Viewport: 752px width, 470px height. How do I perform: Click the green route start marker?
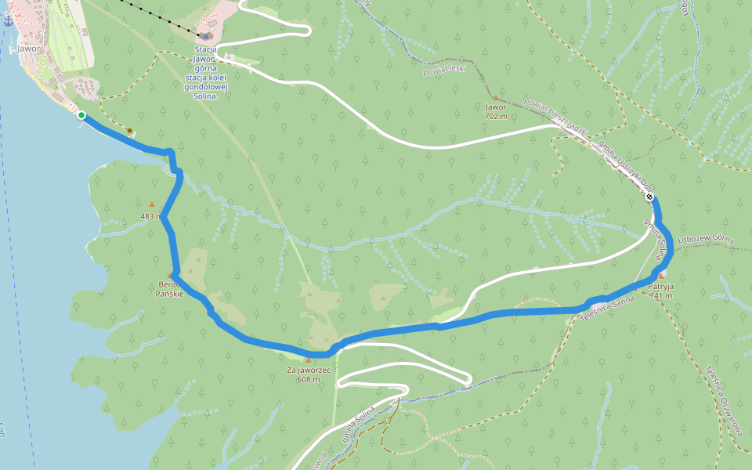81,115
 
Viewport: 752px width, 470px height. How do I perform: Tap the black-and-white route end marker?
649,197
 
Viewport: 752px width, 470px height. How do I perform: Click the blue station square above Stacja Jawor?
206,36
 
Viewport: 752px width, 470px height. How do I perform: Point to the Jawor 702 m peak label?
495,111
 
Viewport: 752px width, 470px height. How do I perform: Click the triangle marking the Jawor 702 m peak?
495,98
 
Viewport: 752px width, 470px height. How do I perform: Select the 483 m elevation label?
150,216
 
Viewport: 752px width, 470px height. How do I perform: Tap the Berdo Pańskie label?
171,289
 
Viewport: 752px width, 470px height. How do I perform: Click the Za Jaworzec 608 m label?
308,374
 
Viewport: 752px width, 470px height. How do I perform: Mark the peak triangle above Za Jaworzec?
308,361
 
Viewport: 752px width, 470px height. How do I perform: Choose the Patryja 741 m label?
660,291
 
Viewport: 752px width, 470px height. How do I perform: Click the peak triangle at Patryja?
661,276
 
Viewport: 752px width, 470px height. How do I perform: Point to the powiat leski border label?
444,70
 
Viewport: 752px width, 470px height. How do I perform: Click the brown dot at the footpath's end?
129,131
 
